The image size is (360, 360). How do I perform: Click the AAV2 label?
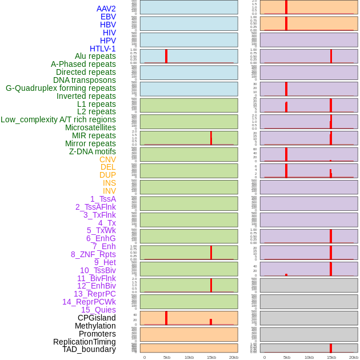pyautogui.click(x=106, y=9)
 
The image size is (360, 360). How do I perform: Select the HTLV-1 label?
pyautogui.click(x=103, y=49)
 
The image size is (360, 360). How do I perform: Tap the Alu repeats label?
pyautogui.click(x=95, y=56)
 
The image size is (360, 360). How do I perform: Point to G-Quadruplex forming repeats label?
pyautogui.click(x=61, y=88)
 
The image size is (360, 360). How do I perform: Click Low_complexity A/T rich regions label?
pyautogui.click(x=58, y=119)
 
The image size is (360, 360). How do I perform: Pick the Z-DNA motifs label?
pyautogui.click(x=93, y=151)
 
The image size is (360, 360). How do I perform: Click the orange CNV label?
pyautogui.click(x=107, y=159)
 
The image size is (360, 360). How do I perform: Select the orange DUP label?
pyautogui.click(x=107, y=175)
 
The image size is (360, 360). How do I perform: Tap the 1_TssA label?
pyautogui.click(x=103, y=199)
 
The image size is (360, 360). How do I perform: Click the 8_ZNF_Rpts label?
pyautogui.click(x=93, y=254)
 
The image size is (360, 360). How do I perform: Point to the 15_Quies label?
pyautogui.click(x=98, y=310)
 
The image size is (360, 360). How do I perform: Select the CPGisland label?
pyautogui.click(x=97, y=318)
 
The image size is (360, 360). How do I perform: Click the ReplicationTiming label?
pyautogui.click(x=84, y=342)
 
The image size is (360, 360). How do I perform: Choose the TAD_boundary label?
pyautogui.click(x=89, y=349)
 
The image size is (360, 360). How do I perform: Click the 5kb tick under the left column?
pyautogui.click(x=167, y=357)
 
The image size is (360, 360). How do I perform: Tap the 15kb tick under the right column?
pyautogui.click(x=331, y=357)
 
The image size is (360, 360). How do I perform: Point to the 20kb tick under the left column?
pyautogui.click(x=234, y=357)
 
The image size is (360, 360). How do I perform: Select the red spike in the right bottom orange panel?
pyautogui.click(x=331, y=348)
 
